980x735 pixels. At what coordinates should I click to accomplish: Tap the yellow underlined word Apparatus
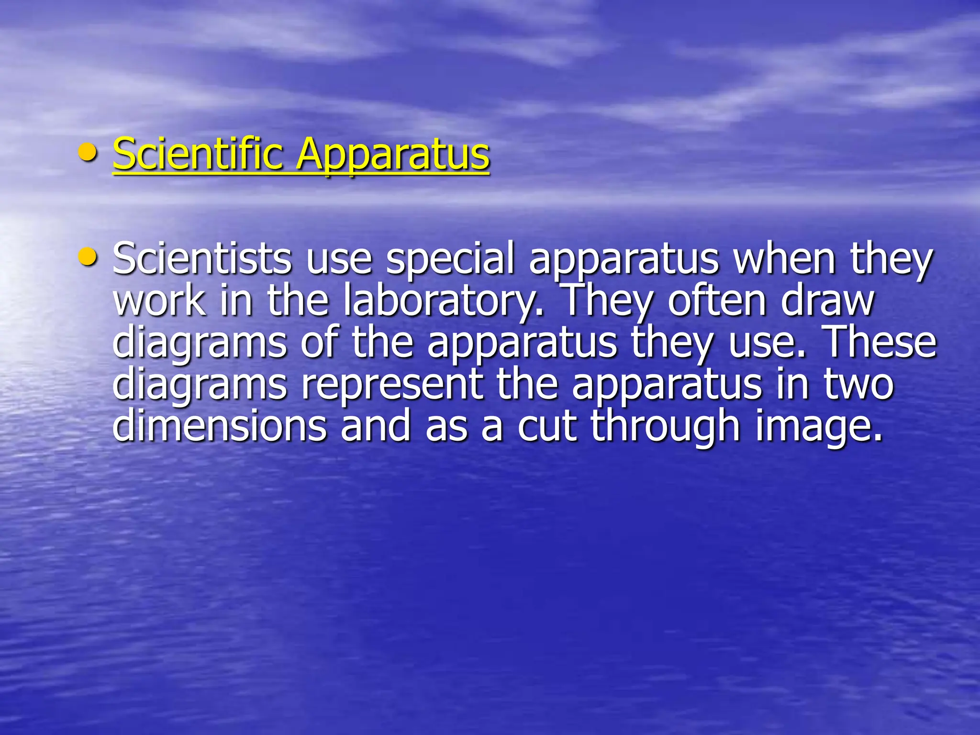(393, 154)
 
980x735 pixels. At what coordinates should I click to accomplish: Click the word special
(450, 259)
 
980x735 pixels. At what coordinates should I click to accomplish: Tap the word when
(784, 259)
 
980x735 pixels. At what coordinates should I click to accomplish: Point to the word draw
(828, 301)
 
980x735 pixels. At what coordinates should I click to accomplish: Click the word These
(881, 343)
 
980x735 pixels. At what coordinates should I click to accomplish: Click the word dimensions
(220, 426)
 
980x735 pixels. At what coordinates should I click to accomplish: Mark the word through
(666, 426)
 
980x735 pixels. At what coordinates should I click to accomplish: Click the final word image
(819, 426)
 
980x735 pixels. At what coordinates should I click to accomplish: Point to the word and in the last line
(376, 426)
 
